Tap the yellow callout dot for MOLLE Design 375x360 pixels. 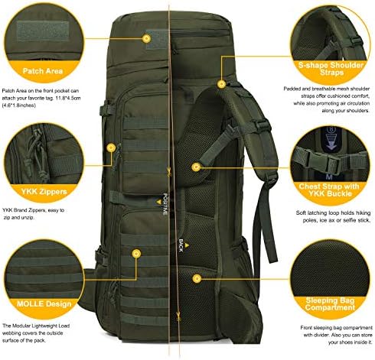tap(137, 251)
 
